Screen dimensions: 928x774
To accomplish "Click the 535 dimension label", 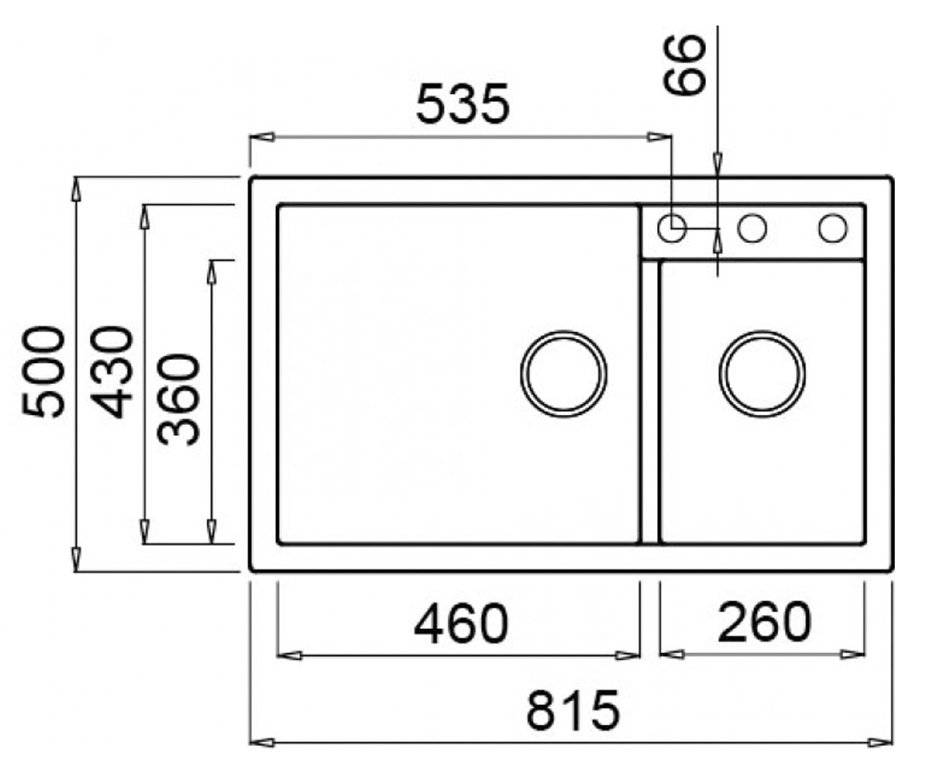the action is (462, 104).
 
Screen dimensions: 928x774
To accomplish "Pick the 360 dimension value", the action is (178, 399).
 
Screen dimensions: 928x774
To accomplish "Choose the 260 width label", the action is (765, 622).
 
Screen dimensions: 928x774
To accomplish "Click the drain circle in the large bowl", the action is (564, 374).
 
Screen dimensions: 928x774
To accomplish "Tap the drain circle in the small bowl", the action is (763, 374).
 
